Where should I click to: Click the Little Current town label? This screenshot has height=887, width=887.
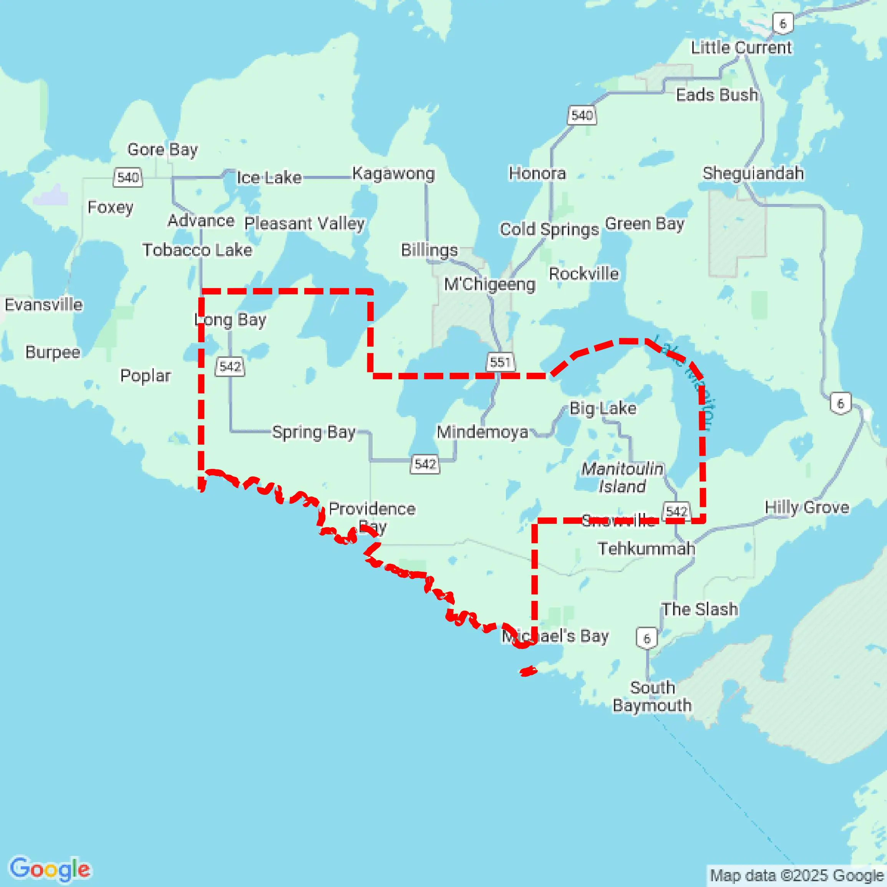(741, 47)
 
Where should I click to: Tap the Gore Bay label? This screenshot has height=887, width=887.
(162, 149)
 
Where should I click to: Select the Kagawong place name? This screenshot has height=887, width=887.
(393, 174)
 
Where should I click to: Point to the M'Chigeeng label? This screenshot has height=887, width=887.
(490, 284)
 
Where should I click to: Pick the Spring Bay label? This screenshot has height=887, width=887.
(314, 432)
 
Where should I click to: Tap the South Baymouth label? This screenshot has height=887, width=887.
(652, 697)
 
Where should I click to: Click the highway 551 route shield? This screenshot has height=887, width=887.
(500, 362)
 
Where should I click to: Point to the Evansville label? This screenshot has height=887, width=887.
(44, 304)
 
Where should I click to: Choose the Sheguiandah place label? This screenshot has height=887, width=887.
(753, 173)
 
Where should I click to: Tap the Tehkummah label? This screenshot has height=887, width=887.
(646, 549)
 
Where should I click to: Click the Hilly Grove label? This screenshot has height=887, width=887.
(807, 507)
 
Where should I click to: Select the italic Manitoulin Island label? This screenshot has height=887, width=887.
(622, 477)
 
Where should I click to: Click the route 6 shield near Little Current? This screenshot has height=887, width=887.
(783, 23)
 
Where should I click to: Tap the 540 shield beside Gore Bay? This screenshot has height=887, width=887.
(128, 177)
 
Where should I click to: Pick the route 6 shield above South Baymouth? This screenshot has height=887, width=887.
(647, 638)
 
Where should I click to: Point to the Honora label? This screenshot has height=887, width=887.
(537, 173)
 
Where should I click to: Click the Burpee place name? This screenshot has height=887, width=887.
(53, 352)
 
